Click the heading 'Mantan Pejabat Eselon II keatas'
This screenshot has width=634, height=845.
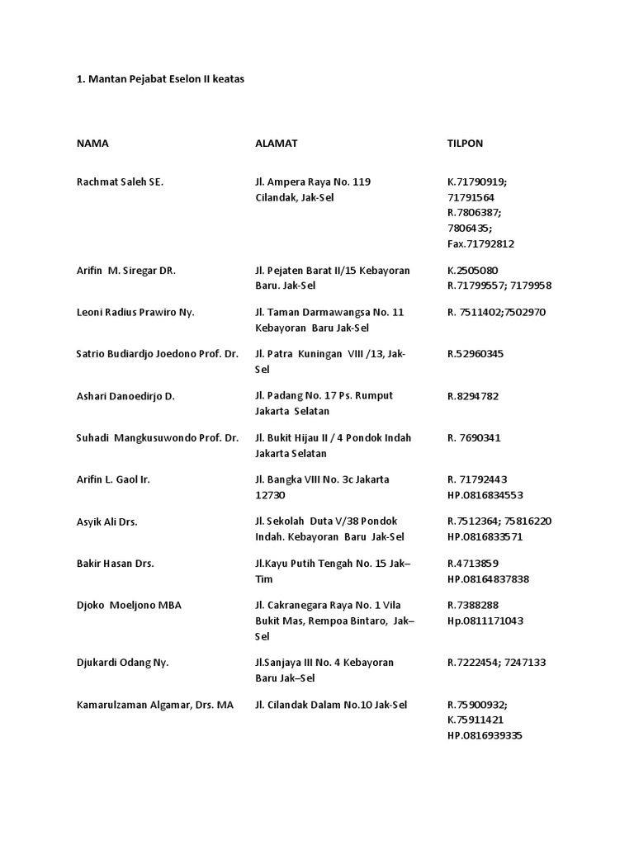[x=161, y=79]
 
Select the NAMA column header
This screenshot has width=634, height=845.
[x=92, y=144]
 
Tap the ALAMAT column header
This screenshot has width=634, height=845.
[x=277, y=144]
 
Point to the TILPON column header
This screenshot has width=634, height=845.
[x=465, y=144]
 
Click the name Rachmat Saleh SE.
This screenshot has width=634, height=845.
[x=120, y=182]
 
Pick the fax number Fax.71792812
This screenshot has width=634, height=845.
[x=481, y=244]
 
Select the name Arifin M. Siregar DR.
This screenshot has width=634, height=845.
[x=126, y=271]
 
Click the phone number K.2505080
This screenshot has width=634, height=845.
[x=473, y=271]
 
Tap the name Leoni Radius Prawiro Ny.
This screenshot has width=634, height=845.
[x=135, y=313]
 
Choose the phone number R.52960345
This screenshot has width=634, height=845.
[x=475, y=354]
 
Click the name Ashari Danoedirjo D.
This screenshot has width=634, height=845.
[x=125, y=396]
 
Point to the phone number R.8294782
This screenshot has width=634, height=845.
[x=473, y=396]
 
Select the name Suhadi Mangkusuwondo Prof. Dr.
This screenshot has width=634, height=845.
[x=157, y=438]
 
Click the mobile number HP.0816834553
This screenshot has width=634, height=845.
[x=485, y=495]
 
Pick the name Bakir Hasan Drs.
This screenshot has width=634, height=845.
[x=116, y=564]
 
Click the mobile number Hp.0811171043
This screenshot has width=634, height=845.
[x=485, y=621]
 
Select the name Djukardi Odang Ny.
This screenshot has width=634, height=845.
[x=122, y=663]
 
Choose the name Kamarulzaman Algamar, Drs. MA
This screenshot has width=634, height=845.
[x=155, y=705]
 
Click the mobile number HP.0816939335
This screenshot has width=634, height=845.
[x=485, y=736]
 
